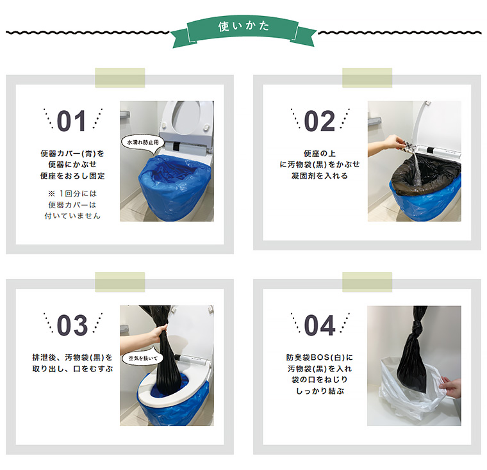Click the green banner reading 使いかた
point(244,28)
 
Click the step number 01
point(72,122)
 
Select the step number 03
point(72,326)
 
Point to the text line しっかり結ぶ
point(319,391)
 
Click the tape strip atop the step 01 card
point(120,77)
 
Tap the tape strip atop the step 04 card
point(367,282)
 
